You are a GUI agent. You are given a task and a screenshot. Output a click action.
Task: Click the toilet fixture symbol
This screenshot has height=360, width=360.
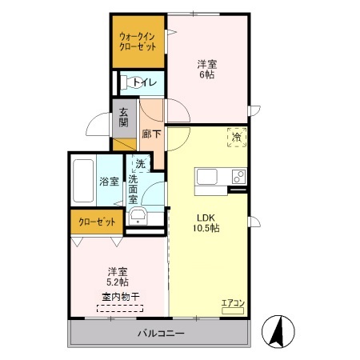tap(126, 81)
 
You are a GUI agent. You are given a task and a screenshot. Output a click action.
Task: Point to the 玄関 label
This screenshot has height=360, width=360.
tap(124, 118)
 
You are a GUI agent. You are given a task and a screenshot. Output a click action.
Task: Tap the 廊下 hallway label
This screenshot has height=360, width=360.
tap(151, 134)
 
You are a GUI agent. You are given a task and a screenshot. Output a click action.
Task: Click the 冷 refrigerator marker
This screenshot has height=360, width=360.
tap(237, 137)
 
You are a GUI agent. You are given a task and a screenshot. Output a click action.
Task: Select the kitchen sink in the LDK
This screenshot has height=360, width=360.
tap(205, 177)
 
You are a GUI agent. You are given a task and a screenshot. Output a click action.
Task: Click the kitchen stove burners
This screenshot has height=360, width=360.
tap(238, 177)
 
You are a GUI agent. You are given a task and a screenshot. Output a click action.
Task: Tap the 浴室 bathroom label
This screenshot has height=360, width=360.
tap(109, 181)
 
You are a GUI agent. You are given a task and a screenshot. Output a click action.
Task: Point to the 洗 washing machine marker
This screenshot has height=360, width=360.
tap(141, 164)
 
